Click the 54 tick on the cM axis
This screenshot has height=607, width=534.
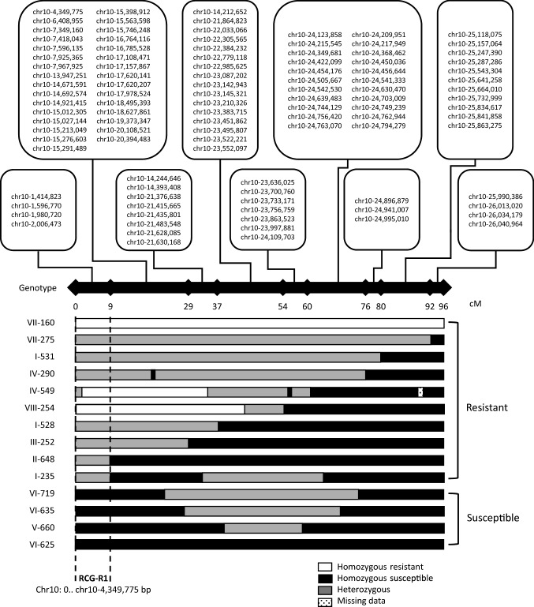point(283,305)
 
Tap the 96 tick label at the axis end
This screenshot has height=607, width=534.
point(443,305)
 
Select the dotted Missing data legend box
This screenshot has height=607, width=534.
point(321,600)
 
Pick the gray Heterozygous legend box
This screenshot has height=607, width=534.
point(321,589)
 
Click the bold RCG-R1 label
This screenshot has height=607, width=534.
point(93,575)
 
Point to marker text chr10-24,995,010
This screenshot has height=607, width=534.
point(383,218)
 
